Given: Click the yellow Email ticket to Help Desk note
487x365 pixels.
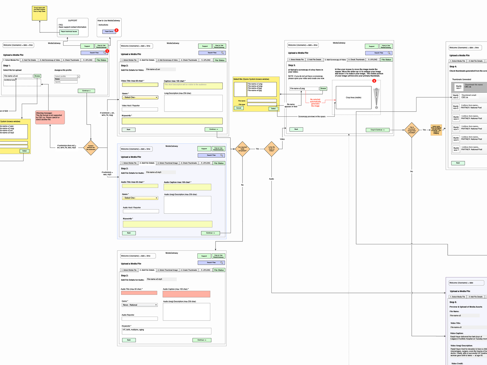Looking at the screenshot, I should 40,13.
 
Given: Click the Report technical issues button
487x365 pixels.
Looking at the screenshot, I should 69,32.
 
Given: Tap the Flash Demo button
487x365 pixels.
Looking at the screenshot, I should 109,31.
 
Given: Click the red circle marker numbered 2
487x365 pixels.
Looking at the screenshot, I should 117,30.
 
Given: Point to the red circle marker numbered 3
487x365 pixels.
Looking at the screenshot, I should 374,81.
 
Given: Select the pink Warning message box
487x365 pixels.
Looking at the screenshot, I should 50,117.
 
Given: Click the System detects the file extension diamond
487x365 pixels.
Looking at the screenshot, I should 91,148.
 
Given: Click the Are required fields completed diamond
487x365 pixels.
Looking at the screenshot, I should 242,149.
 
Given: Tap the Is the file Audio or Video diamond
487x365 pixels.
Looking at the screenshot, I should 271,149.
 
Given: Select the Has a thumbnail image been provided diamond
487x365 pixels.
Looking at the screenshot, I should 412,130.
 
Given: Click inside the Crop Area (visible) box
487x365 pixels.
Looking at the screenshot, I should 353,97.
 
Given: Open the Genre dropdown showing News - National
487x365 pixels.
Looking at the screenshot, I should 140,305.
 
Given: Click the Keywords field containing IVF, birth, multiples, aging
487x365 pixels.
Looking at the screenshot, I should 167,331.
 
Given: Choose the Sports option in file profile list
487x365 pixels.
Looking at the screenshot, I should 66,82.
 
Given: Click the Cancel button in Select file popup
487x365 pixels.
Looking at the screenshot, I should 239,108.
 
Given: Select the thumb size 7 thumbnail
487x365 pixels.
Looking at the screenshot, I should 456,149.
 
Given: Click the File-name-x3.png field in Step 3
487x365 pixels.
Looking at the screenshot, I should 304,89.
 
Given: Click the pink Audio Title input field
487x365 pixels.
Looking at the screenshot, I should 139,293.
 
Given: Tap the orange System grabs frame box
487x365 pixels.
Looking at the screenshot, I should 436,130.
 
